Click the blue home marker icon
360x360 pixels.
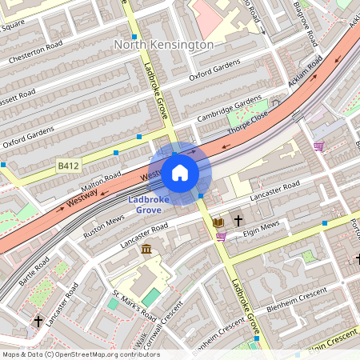click(180, 173)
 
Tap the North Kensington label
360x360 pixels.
click(164, 46)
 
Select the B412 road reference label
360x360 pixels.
click(68, 166)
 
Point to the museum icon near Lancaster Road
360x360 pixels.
click(147, 250)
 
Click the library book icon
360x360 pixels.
click(218, 221)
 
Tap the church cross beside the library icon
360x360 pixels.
click(238, 219)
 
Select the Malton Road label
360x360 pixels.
click(100, 181)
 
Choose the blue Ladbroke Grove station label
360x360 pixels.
click(145, 204)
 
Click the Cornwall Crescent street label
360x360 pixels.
click(163, 324)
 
